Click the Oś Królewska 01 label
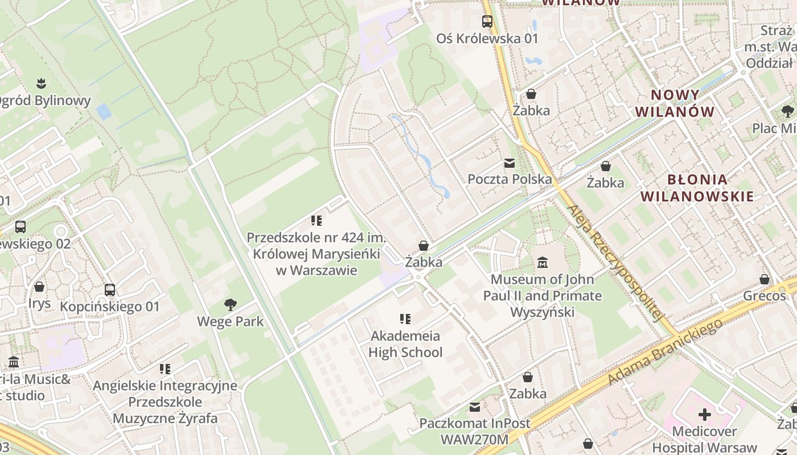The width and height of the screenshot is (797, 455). [487, 39]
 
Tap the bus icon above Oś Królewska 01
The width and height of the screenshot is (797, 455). [487, 22]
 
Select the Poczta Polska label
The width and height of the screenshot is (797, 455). [510, 179]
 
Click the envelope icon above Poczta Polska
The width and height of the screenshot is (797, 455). [510, 163]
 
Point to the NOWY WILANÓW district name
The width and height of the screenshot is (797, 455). [675, 103]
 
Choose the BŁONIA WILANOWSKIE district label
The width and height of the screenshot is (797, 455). [697, 188]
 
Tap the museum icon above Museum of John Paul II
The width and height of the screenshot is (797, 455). [543, 263]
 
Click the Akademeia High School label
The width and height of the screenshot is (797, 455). [405, 344]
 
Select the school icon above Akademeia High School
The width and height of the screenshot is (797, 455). [405, 318]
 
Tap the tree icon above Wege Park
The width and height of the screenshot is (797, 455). [231, 305]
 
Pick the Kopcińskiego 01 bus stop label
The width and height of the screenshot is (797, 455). [110, 307]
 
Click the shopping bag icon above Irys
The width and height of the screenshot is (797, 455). [39, 287]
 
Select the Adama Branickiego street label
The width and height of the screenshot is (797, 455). [666, 351]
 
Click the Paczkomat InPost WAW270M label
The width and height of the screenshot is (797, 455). [475, 431]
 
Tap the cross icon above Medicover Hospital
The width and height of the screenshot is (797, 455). [705, 414]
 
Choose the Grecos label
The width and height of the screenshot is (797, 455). [764, 296]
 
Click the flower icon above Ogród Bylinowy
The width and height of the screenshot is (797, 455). [40, 84]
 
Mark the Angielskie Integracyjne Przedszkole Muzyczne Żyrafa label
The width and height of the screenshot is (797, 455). [165, 402]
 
